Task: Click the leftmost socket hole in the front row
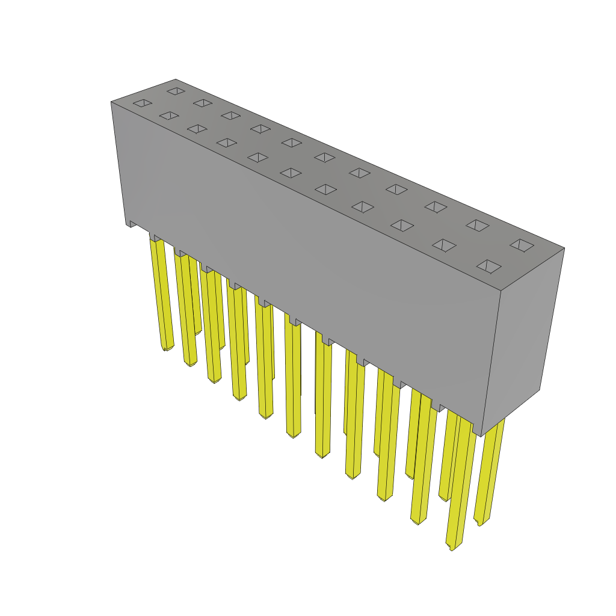[x=143, y=103]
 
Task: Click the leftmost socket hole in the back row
[x=176, y=91]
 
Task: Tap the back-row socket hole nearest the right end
[x=522, y=245]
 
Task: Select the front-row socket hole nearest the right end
[x=488, y=266]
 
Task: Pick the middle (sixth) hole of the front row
[x=291, y=173]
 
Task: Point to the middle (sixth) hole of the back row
[x=324, y=157]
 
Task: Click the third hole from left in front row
[x=197, y=128]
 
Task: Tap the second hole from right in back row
[x=477, y=225]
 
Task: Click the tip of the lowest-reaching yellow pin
[x=452, y=547]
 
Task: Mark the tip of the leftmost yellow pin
[x=167, y=348]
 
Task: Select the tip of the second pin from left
[x=190, y=363]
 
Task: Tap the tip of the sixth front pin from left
[x=293, y=435]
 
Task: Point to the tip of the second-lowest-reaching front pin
[x=418, y=522]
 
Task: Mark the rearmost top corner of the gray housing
[x=176, y=79]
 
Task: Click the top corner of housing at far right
[x=564, y=248]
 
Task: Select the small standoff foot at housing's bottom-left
[x=131, y=223]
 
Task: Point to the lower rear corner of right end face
[x=539, y=389]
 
